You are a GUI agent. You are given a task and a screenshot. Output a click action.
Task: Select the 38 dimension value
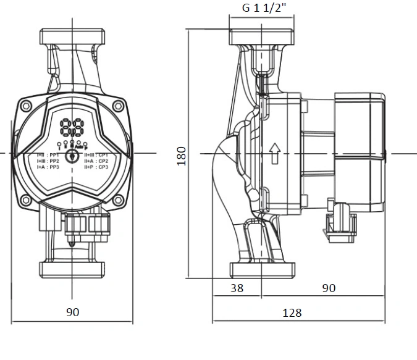pyautogui.click(x=237, y=287)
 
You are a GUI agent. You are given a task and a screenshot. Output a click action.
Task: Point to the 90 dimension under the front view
pyautogui.click(x=73, y=312)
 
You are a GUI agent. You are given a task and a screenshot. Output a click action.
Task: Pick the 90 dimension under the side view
pyautogui.click(x=329, y=287)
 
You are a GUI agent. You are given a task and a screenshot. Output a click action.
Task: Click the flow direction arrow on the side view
pyautogui.click(x=274, y=151)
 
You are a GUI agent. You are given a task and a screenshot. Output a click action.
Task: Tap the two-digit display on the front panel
pyautogui.click(x=72, y=128)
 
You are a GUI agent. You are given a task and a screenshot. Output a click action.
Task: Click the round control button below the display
pyautogui.click(x=72, y=154)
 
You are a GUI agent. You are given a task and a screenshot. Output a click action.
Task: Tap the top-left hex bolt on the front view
pyautogui.click(x=26, y=106)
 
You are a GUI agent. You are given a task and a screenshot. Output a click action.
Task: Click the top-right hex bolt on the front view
pyautogui.click(x=119, y=106)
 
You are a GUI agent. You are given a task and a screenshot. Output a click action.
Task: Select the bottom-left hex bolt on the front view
pyautogui.click(x=26, y=200)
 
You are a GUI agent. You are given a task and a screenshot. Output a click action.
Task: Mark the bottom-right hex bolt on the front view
pyautogui.click(x=119, y=200)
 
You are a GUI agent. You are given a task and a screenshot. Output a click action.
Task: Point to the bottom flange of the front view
pyautogui.click(x=72, y=270)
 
